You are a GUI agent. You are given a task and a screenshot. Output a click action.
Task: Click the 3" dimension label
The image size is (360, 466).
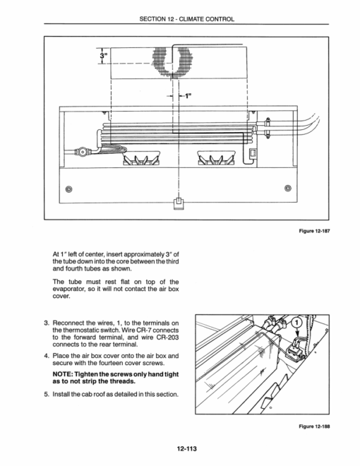pyautogui.click(x=103, y=56)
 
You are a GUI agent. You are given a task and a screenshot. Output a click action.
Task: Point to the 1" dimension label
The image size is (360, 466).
pyautogui.click(x=188, y=96)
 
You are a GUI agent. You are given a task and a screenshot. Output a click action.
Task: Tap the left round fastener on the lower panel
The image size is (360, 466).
pyautogui.click(x=69, y=189)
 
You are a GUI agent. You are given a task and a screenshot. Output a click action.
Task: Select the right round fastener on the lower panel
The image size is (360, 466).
pyautogui.click(x=287, y=188)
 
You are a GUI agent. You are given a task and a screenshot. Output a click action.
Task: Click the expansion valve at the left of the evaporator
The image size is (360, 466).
pyautogui.click(x=82, y=152)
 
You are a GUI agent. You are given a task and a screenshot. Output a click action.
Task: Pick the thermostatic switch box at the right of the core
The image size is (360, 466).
pyautogui.click(x=253, y=154)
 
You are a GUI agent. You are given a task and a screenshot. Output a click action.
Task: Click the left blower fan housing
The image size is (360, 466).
pyautogui.click(x=142, y=157)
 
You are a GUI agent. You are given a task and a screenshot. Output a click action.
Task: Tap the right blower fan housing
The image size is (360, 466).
pyautogui.click(x=217, y=157)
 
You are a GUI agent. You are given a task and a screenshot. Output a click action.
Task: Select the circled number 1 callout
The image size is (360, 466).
pyautogui.click(x=297, y=323)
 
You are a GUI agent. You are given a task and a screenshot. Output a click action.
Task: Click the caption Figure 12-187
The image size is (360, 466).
pyautogui.click(x=314, y=231)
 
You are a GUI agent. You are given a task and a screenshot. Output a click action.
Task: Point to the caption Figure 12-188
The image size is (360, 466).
pyautogui.click(x=314, y=426)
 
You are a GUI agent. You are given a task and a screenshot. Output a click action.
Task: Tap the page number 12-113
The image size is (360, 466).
pyautogui.click(x=187, y=449)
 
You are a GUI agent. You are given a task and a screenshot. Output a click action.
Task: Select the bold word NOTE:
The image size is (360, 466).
pyautogui.click(x=62, y=374)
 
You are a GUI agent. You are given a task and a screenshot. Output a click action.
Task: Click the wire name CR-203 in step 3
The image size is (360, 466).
pyautogui.click(x=169, y=337)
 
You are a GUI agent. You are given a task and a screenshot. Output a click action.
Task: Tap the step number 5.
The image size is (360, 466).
pyautogui.click(x=46, y=395)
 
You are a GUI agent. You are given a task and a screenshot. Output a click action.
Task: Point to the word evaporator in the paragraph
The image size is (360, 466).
pyautogui.click(x=69, y=289)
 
